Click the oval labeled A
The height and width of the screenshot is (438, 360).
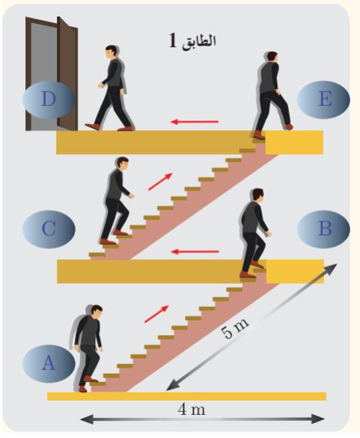coord(49,363)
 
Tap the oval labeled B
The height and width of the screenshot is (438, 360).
coord(323,229)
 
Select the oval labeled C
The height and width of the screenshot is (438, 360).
coord(49,229)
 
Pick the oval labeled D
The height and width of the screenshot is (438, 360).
coord(49,100)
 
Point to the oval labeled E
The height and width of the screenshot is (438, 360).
coord(323,100)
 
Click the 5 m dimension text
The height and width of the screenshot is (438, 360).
coord(234,328)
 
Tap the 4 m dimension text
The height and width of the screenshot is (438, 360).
coord(192,410)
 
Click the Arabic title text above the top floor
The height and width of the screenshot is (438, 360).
coord(192,40)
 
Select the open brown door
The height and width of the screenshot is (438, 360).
coord(52,73)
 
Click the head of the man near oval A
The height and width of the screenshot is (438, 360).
coord(97,311)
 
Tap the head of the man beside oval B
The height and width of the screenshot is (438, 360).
coord(257,195)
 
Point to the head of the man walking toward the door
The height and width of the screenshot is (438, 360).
coord(111,52)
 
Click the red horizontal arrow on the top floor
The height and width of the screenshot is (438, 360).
coord(195,122)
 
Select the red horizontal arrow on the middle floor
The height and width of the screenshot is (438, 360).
coord(195,252)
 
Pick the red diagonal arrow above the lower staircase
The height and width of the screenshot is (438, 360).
coord(156,314)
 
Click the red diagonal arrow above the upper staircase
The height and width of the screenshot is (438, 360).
coord(160,182)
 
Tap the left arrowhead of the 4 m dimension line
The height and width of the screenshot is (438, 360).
coord(87,419)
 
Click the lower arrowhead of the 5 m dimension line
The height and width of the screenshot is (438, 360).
coord(171,386)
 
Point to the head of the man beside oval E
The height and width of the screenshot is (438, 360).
coord(272,57)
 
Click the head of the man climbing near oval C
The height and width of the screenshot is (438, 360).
coord(123,162)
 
